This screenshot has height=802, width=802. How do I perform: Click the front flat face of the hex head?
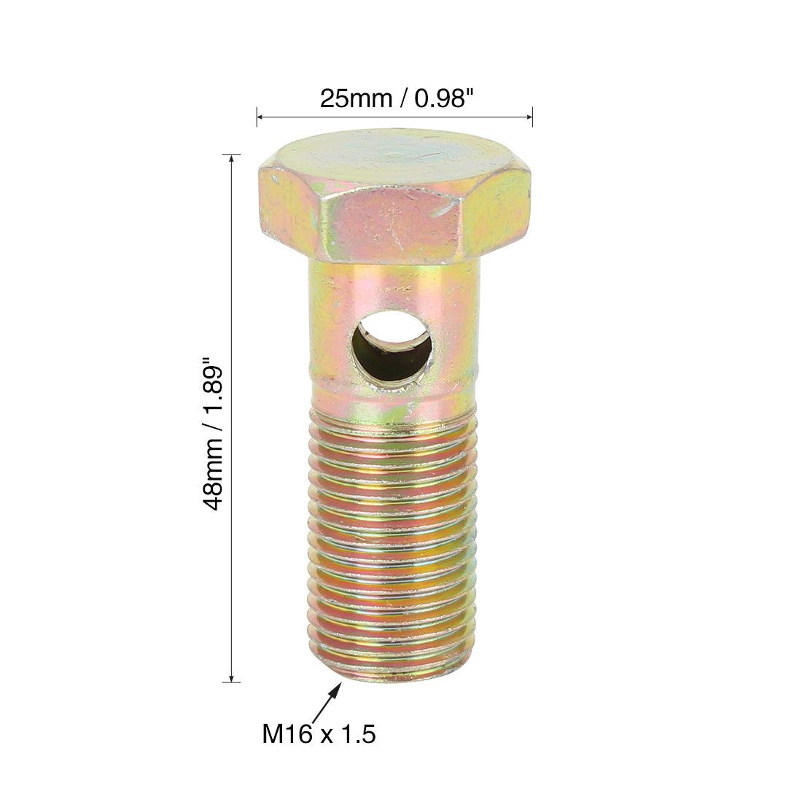point(394,225)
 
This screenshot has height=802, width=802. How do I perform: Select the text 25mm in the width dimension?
point(356,98)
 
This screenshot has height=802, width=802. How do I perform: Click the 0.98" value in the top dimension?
point(441,98)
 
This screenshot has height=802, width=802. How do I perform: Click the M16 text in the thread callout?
point(287,733)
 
